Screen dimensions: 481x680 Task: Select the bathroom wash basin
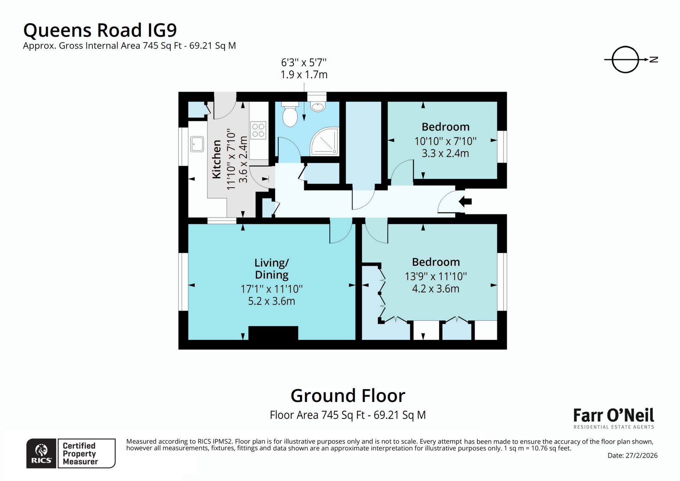pos(317,106)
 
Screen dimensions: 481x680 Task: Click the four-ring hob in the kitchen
pos(258,130)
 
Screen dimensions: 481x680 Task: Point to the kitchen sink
pos(197,144)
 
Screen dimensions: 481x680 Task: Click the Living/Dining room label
pos(272,269)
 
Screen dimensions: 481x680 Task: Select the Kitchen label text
pos(216,159)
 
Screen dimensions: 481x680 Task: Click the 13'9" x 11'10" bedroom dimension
pos(436,276)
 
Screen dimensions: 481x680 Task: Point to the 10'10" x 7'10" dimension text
pos(445,141)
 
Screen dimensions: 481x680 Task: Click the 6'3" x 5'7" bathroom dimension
pos(304,63)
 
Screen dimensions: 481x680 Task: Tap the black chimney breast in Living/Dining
pos(273,333)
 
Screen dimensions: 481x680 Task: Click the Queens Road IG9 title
pos(100,30)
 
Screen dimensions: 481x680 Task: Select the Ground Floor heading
pos(347,396)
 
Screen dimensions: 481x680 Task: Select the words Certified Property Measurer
pos(79,454)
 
